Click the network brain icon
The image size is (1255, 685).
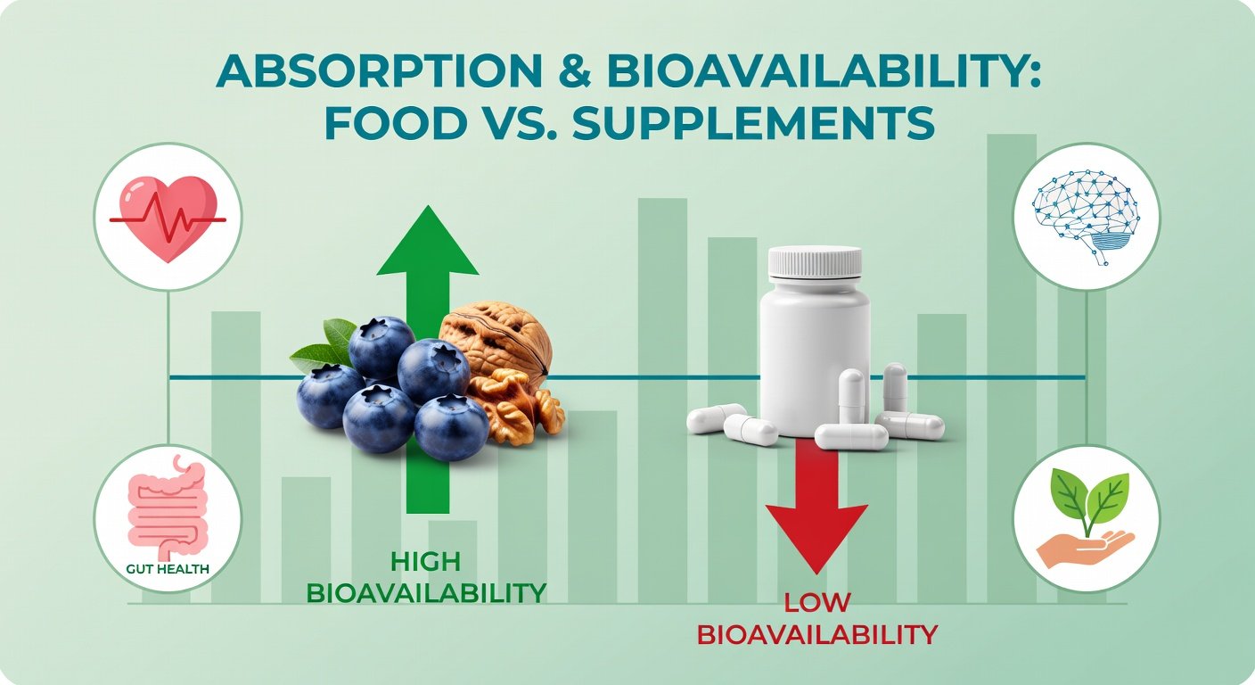click(x=1087, y=218)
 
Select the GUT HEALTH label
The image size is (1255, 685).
click(x=168, y=567)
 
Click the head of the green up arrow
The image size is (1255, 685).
click(x=428, y=242)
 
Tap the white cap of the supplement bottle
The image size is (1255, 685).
click(x=816, y=261)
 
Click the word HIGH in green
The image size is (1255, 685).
click(x=425, y=562)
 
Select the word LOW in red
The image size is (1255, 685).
click(x=816, y=604)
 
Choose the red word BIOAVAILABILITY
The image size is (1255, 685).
click(x=816, y=634)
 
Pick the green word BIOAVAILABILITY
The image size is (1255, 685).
click(x=425, y=591)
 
